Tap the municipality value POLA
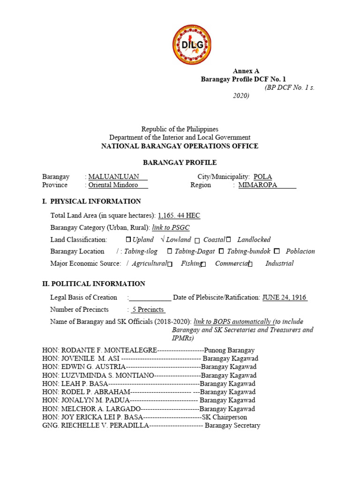(262, 177)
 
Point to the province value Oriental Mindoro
(113, 185)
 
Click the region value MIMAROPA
(258, 185)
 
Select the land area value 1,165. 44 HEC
(179, 216)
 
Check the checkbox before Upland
(128, 240)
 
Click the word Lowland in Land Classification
(179, 240)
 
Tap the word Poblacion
(300, 251)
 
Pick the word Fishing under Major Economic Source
(192, 263)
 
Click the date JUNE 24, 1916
(285, 297)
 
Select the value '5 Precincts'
(148, 309)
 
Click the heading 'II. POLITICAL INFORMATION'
(94, 284)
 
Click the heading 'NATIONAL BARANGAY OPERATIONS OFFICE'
(180, 146)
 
